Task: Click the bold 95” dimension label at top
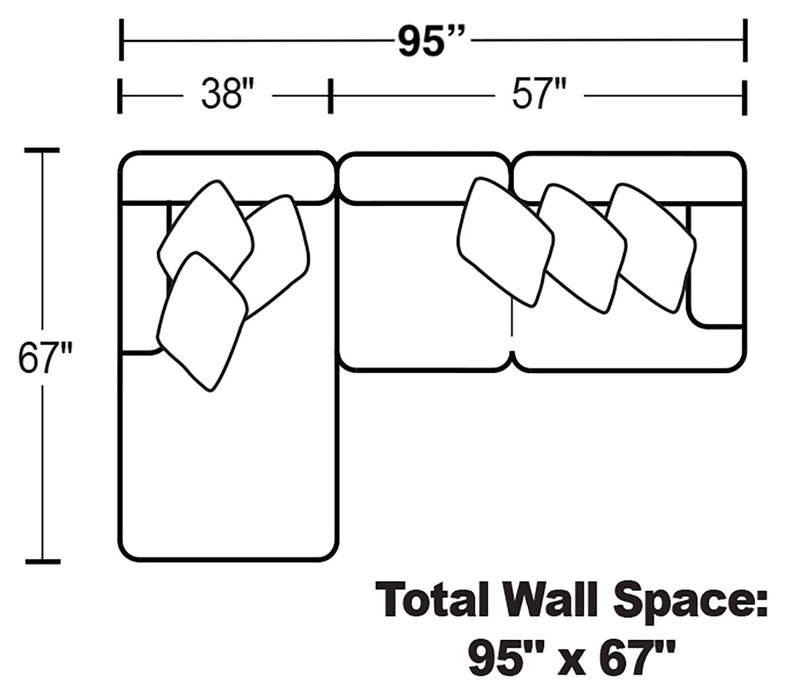coord(431,41)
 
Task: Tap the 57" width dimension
coord(538,96)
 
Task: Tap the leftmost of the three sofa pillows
coord(505,241)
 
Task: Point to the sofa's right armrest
coord(716,266)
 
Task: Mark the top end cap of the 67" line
coord(42,150)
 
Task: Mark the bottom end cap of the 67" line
coord(42,562)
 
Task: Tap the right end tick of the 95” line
coord(745,40)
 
